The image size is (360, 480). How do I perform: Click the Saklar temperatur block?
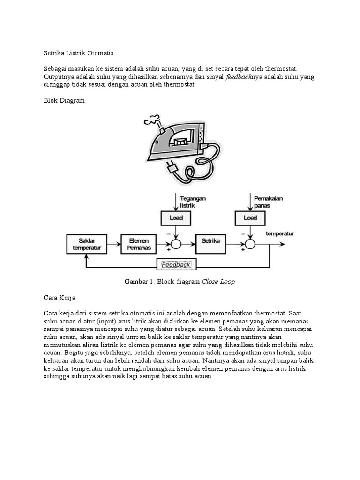pos(87,243)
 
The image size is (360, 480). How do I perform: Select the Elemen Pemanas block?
pos(138,243)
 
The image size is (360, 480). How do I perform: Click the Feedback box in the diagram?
pos(176,264)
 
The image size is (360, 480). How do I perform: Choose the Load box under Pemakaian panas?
pos(250,217)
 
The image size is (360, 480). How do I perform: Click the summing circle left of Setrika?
pos(176,243)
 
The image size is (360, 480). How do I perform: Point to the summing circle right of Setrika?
pos(250,243)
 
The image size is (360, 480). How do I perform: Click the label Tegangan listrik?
pos(193,202)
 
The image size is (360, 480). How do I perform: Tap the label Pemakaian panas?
pos(270,202)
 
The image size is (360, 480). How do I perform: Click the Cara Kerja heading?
pos(59,298)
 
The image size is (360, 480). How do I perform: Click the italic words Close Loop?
pos(218,282)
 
